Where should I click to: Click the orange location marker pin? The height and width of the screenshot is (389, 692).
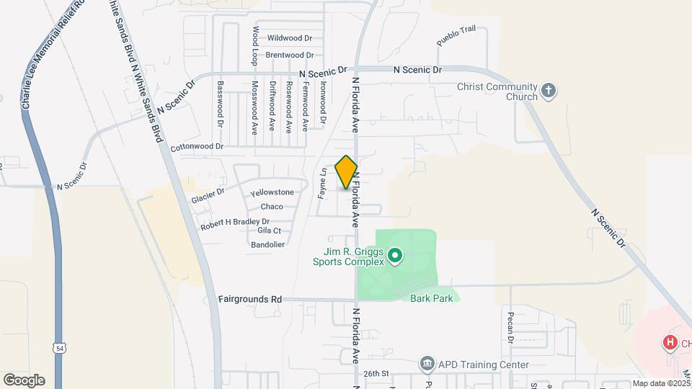pos(346,172)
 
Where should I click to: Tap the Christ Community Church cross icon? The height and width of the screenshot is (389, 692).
pos(549,90)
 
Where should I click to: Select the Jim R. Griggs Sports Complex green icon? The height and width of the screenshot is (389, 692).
pos(394,255)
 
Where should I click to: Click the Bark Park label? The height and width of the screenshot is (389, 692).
pos(432,298)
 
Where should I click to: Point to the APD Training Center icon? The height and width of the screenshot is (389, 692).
pos(427,364)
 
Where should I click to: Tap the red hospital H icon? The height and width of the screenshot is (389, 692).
pos(670,343)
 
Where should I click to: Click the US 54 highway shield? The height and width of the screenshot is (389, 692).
pos(58,348)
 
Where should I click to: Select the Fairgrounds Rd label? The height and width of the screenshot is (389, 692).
pos(251,299)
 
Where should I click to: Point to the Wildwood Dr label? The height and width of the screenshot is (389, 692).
pos(290,38)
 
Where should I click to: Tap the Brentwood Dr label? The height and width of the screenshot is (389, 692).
pos(289,55)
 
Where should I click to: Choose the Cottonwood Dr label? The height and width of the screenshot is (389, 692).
pos(198,147)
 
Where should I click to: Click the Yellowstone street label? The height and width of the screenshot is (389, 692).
pos(272,192)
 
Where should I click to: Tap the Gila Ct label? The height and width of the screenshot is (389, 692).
pos(269,231)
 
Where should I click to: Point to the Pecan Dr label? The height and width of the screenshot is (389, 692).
pos(510,328)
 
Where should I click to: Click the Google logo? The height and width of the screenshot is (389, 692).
pos(24,380)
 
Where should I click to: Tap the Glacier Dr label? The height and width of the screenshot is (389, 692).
pos(208,195)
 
